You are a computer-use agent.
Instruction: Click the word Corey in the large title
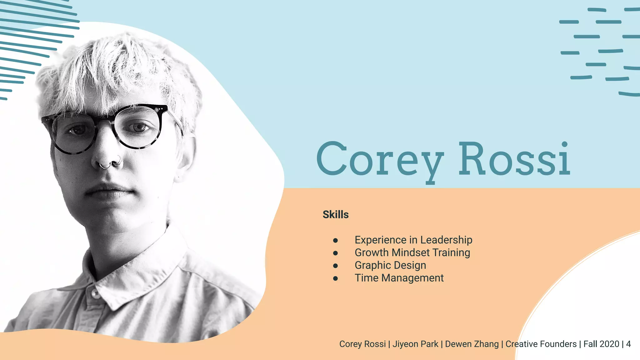(380, 159)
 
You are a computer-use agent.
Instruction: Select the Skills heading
(336, 215)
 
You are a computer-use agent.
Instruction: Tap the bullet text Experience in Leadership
(413, 240)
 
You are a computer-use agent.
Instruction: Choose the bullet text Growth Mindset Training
(412, 252)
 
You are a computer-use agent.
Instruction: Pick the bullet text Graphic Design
(390, 265)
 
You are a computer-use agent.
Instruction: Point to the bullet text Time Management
(399, 278)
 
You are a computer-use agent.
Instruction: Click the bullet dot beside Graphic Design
(335, 266)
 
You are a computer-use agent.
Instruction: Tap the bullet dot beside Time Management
(335, 278)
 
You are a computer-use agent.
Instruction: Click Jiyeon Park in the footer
(415, 344)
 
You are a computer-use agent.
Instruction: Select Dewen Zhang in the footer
(472, 344)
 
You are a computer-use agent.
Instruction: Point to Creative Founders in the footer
(541, 344)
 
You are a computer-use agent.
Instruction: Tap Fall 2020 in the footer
(601, 344)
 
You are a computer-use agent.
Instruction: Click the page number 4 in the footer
(628, 344)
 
